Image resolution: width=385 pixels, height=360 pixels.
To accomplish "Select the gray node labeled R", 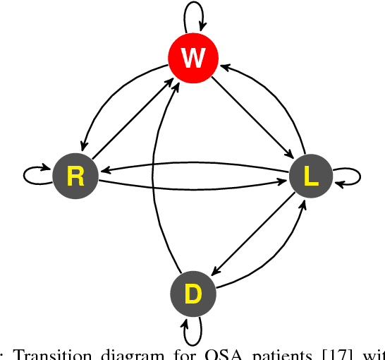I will [x=75, y=176].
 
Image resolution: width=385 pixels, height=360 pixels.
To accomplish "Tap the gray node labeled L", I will [x=310, y=176].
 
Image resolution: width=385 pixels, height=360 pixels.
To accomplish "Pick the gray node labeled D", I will [x=192, y=294].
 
